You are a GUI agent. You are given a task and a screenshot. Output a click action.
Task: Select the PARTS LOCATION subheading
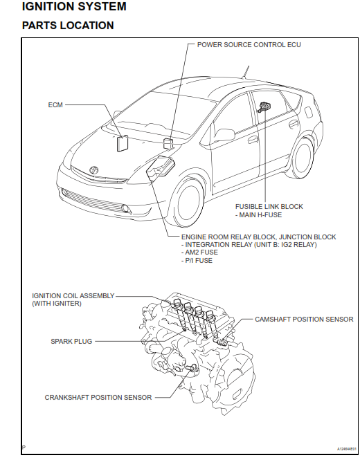68,26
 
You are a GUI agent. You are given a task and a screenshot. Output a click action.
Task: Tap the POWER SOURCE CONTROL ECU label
249,44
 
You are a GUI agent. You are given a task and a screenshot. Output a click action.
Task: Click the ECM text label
55,106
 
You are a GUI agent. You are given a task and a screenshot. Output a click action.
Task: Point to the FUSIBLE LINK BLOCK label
269,206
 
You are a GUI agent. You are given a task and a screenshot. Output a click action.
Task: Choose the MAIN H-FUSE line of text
261,214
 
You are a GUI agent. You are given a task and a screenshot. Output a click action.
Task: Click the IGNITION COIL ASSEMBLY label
73,295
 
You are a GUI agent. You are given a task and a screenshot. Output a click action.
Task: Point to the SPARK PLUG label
71,341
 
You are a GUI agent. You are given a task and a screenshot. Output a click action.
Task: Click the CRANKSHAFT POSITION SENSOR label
98,398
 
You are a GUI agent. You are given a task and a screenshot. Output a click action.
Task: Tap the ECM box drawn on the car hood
123,142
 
